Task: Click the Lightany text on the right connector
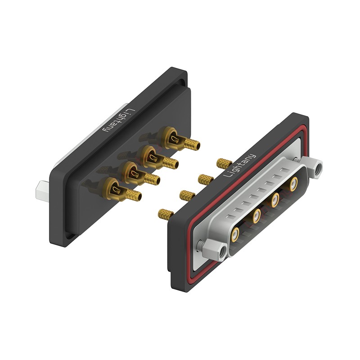(x=239, y=166)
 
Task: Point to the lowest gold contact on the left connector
(x=120, y=190)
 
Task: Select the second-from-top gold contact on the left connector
(x=158, y=157)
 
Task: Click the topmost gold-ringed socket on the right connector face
(x=294, y=184)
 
